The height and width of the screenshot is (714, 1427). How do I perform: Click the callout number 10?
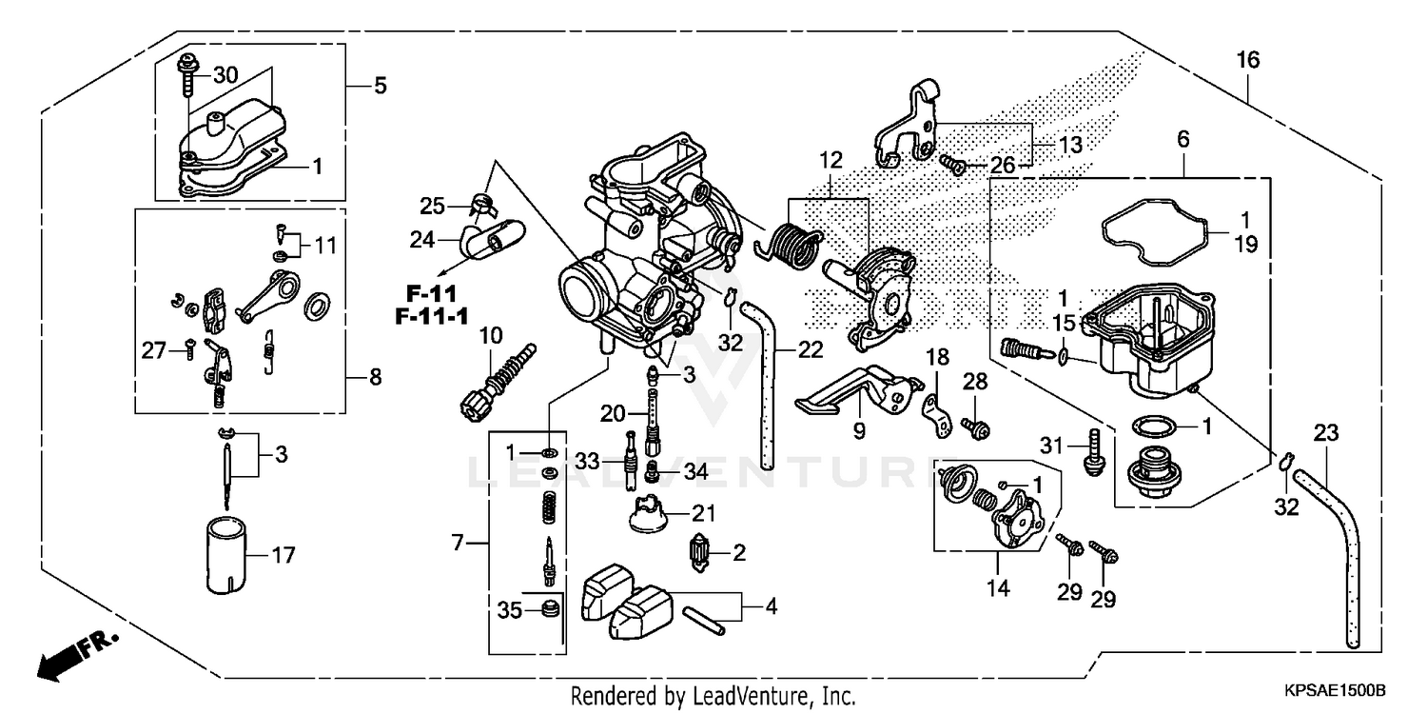(490, 335)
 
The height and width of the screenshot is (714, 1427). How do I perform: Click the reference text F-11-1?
(432, 317)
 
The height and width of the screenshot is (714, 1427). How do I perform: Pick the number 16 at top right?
(1247, 60)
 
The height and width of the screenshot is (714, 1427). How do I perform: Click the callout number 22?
(810, 349)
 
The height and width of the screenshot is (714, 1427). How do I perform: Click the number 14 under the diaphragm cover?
(996, 589)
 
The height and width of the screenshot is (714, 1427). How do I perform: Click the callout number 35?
(510, 610)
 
